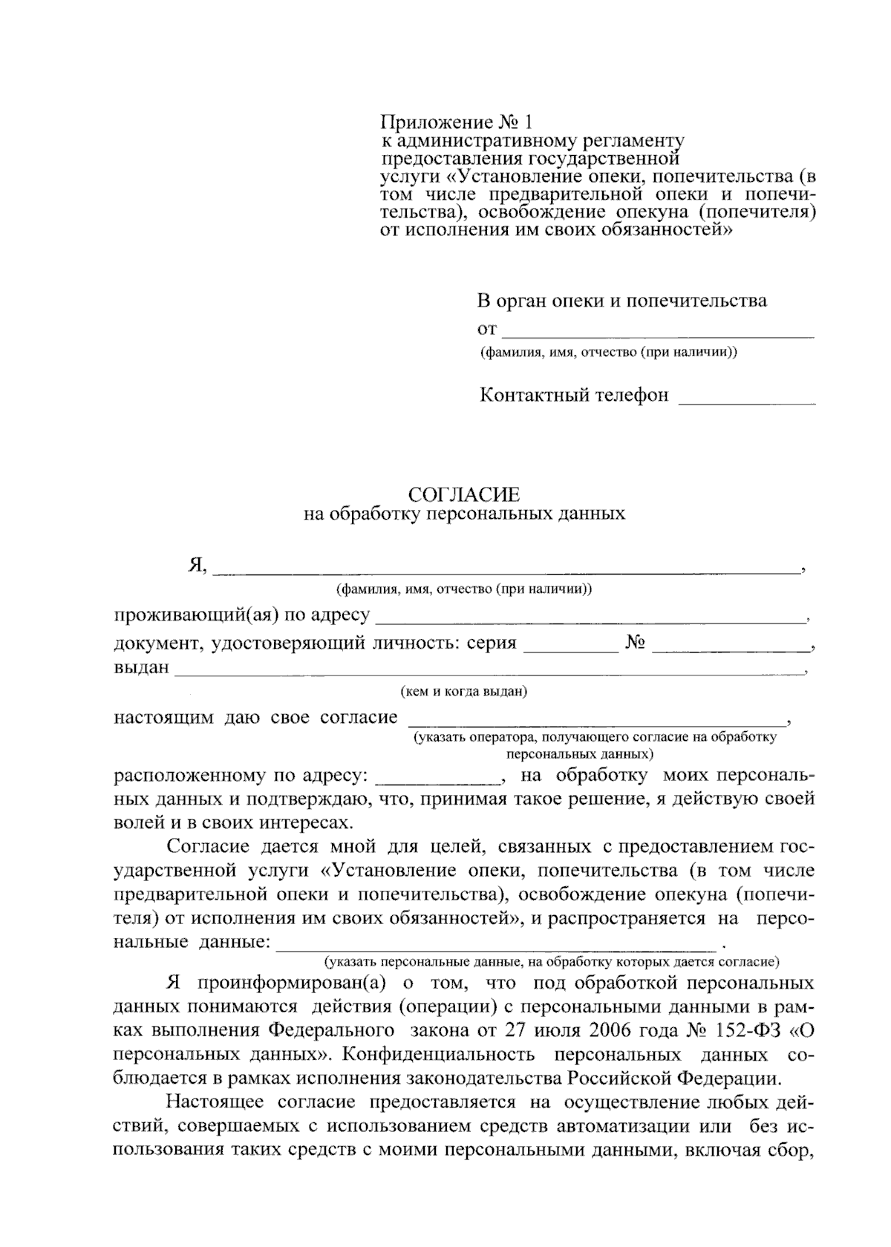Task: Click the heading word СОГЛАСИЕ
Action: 464,494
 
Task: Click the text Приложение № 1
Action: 456,122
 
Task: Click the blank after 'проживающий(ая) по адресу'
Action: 591,618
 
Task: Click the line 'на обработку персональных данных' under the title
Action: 464,514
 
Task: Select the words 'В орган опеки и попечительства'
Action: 621,301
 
